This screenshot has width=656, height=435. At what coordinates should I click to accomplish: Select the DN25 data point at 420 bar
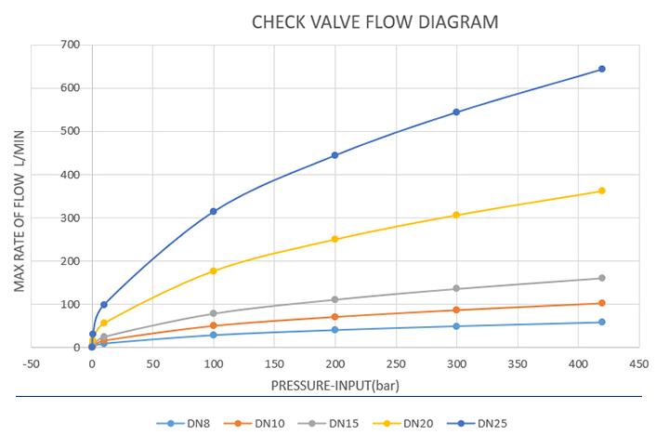[602, 69]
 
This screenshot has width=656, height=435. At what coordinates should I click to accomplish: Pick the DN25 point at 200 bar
[335, 155]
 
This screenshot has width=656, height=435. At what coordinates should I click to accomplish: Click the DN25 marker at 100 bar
[214, 211]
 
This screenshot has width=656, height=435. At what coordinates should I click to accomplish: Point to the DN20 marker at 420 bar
[602, 191]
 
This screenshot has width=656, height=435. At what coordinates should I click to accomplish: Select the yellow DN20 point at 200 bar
[335, 239]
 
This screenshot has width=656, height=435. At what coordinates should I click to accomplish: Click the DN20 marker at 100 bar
[214, 270]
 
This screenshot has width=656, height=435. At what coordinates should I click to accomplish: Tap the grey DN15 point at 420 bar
[602, 278]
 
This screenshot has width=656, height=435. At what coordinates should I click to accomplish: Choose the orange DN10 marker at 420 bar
[602, 303]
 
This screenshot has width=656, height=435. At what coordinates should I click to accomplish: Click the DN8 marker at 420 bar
[602, 322]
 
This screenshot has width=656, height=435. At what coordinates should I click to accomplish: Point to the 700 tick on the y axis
[69, 45]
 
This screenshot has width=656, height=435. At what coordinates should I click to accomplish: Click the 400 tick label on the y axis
[69, 175]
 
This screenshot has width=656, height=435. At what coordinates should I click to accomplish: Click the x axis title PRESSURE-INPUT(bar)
[335, 383]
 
